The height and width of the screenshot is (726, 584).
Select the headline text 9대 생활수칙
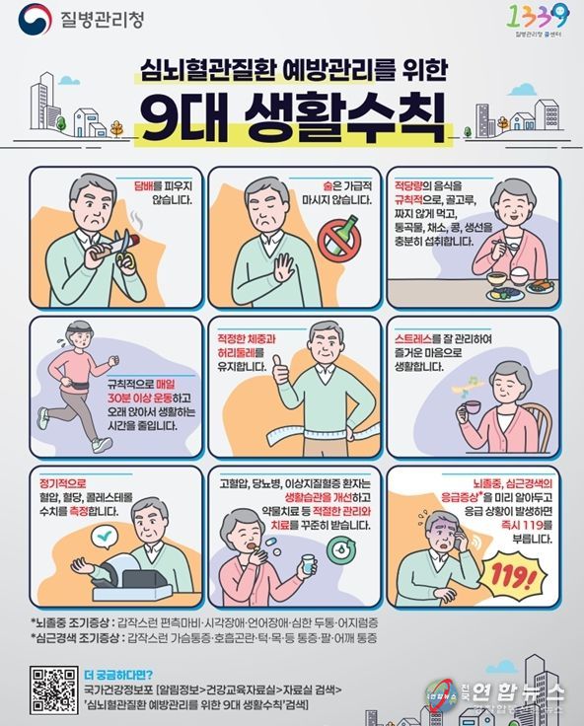291,117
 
